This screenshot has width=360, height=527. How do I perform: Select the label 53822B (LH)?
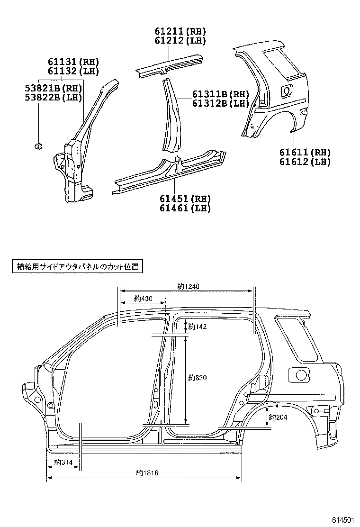54,98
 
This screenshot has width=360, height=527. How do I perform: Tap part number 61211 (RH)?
180,31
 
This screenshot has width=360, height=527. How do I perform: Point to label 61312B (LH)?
221,103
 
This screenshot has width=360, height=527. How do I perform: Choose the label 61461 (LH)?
185,208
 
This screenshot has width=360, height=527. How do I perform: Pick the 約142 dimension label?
197,327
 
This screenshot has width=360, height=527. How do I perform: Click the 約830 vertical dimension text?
197,378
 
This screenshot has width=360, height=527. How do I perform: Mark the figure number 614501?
342,520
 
